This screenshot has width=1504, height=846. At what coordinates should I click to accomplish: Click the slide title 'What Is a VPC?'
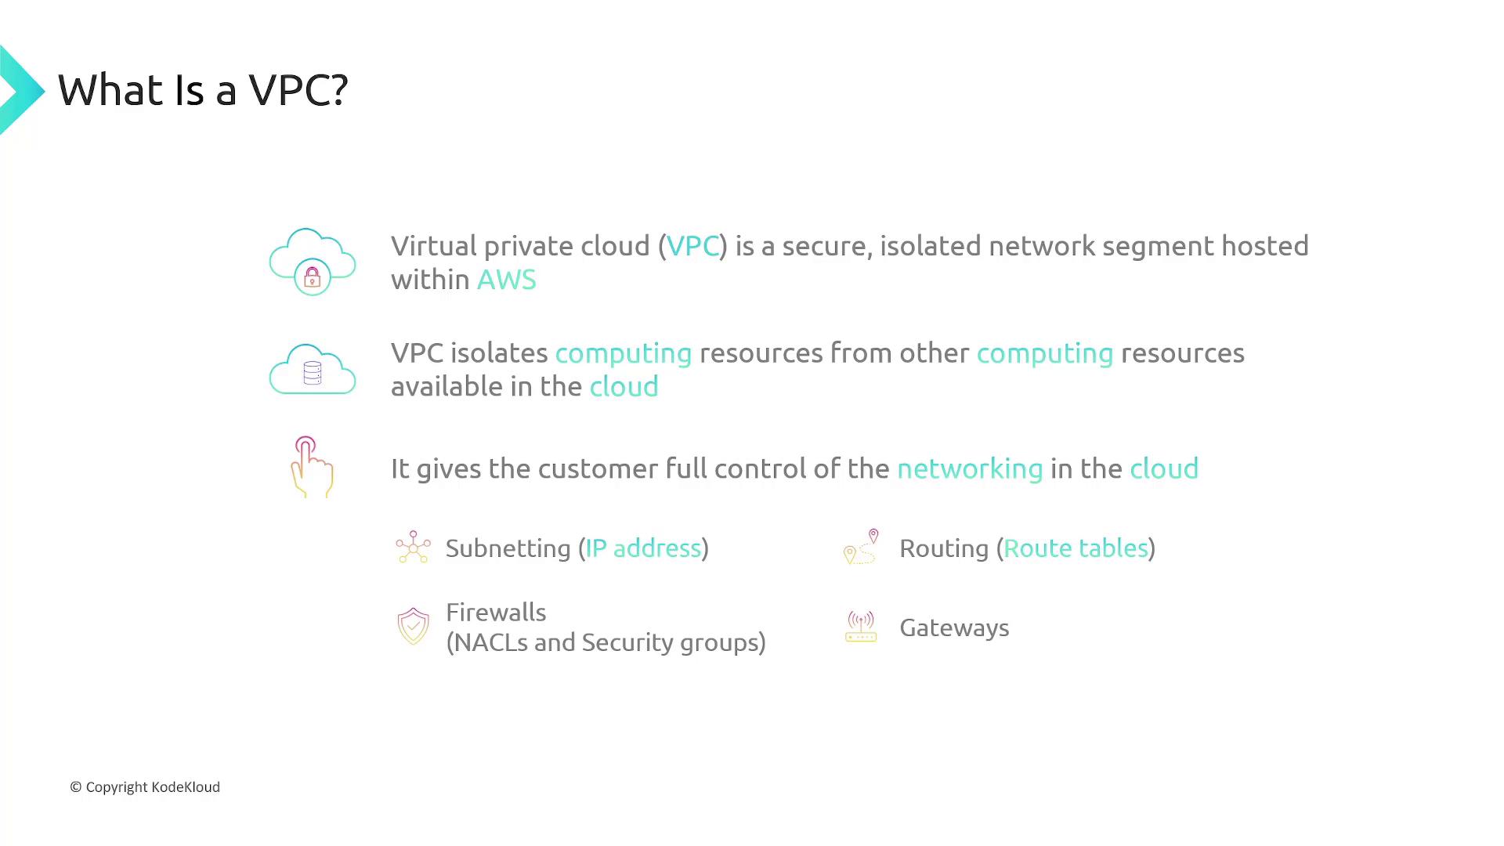coord(203,90)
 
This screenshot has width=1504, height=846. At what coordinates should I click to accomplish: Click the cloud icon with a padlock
coord(313,262)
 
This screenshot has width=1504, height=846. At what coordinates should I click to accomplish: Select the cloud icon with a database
coord(313,369)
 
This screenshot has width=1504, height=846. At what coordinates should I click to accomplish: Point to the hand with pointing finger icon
coord(312,467)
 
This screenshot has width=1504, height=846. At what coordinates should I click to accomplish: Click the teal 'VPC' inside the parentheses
coord(692,246)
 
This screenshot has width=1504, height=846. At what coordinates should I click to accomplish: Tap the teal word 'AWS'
coord(507,280)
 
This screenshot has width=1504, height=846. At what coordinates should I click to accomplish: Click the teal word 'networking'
coord(970,469)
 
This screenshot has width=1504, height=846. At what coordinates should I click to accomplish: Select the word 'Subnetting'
coord(508,548)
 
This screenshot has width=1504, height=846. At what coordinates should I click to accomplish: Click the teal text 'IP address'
coord(643,548)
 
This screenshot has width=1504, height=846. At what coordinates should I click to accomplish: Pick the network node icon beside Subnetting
coord(413,547)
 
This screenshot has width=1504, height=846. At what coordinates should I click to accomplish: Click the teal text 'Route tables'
coord(1076,548)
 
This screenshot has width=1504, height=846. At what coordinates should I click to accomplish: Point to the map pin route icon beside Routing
coord(861,547)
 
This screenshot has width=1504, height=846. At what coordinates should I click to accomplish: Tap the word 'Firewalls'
coord(496,612)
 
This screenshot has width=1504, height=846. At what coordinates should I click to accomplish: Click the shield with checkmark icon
coord(413,627)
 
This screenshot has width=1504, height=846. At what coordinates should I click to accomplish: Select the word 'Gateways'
coord(954,628)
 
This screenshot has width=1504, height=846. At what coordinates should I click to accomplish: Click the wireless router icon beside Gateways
coord(861,627)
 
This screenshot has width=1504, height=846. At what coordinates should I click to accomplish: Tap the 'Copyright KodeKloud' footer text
coord(145,787)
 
